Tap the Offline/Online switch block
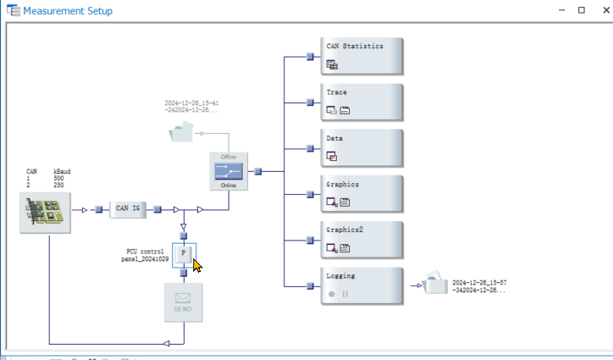point(229,171)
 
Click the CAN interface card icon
point(45,212)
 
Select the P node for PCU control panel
point(184,253)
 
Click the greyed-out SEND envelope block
point(184,302)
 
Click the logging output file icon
point(435,284)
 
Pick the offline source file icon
point(180,132)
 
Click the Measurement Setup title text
point(68,11)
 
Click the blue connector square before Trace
point(310,102)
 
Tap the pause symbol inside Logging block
point(345,294)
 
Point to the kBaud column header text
point(62,171)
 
